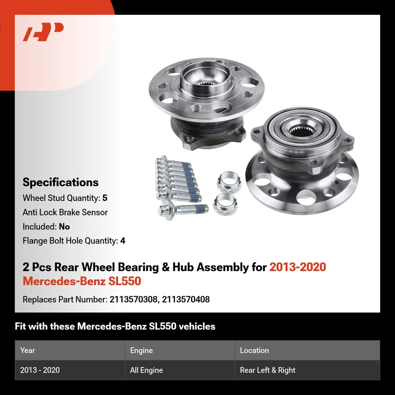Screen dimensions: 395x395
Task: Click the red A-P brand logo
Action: (43, 32)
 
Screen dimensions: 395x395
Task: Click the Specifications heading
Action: (60, 182)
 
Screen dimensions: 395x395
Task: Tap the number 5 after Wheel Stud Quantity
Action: (105, 198)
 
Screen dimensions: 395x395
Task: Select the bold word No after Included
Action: (64, 227)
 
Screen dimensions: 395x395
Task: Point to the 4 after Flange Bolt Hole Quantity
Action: (122, 241)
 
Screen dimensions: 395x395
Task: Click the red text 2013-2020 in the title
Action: (298, 267)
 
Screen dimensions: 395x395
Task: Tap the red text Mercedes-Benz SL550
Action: (82, 281)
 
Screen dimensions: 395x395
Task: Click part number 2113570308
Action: (133, 299)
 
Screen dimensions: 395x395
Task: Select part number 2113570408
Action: (186, 299)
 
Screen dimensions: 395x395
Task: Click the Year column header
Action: (28, 351)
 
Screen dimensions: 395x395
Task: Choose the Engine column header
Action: (141, 351)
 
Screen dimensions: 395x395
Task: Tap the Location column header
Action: (254, 351)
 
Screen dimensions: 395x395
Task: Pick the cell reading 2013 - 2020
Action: (40, 370)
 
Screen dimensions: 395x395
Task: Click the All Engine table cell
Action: (146, 370)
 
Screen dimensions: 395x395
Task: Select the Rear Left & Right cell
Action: (268, 370)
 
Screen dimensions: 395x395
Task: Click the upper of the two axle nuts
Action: (229, 182)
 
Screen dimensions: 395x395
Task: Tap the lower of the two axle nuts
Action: (225, 204)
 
